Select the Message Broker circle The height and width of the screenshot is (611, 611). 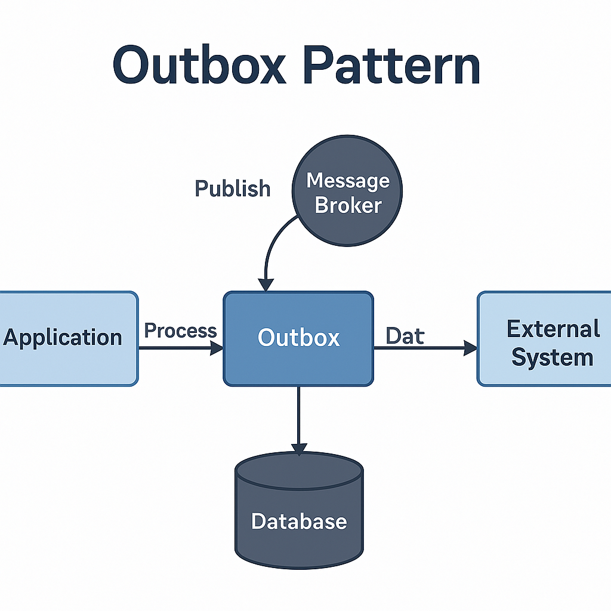(x=347, y=190)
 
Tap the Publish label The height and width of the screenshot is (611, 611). (x=233, y=189)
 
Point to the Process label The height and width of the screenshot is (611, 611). (x=180, y=331)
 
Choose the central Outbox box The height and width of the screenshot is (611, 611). (x=298, y=338)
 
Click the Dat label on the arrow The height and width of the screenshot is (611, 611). (x=405, y=336)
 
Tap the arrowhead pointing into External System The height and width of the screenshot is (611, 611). (x=470, y=347)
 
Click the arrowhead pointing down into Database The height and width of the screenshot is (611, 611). (x=299, y=449)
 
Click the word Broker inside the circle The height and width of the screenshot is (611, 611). (x=348, y=205)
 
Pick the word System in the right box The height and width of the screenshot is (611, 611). (x=553, y=358)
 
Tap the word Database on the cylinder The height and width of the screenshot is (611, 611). (x=299, y=521)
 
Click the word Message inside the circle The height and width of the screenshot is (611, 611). (x=348, y=180)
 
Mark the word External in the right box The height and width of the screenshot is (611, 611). (x=553, y=329)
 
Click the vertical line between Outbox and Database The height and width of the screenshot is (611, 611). (x=299, y=415)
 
